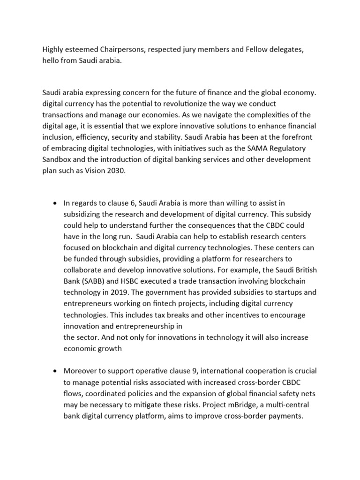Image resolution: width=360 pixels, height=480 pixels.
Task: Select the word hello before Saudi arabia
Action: tap(52, 60)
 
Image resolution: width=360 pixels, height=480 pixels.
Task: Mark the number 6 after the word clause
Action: tap(119, 203)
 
